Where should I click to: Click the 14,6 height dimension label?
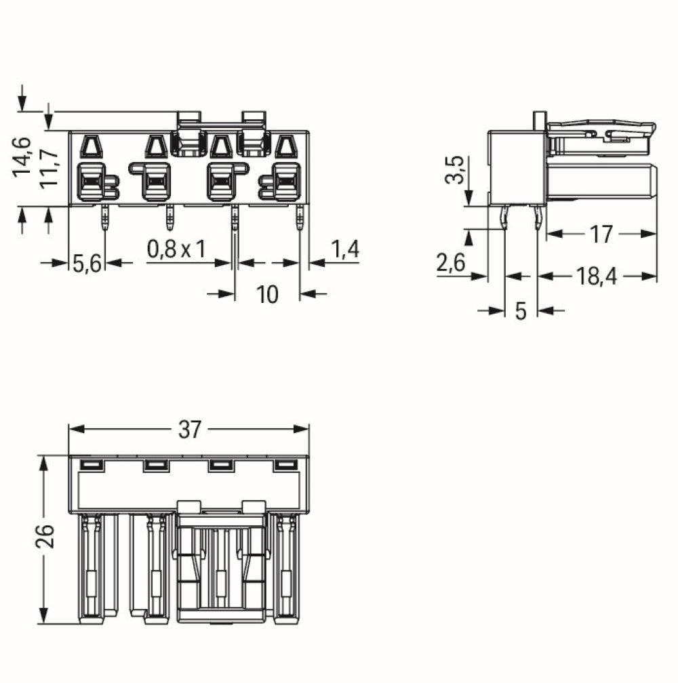click(23, 157)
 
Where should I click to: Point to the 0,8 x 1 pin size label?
click(176, 249)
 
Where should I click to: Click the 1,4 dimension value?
click(344, 249)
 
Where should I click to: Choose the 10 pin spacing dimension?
click(268, 295)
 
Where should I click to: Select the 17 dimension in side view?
click(601, 234)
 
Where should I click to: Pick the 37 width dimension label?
click(191, 430)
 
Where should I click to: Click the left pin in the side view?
click(504, 218)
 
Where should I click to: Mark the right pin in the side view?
click(538, 218)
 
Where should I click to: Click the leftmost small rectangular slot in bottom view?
click(90, 465)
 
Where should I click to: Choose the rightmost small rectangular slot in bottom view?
click(285, 465)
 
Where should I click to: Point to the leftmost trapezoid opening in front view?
click(90, 146)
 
